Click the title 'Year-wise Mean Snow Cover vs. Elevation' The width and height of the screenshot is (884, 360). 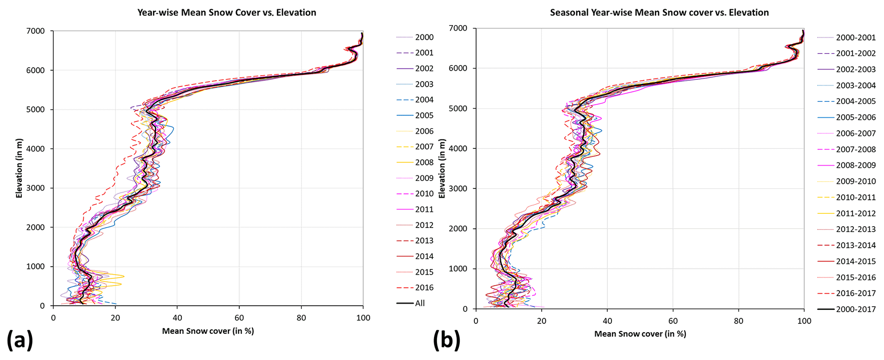click(227, 12)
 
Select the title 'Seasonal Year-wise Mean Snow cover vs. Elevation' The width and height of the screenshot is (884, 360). click(659, 12)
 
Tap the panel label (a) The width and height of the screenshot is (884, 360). click(20, 341)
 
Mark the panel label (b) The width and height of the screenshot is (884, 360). click(446, 341)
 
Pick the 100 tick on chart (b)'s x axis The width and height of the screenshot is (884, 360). click(804, 321)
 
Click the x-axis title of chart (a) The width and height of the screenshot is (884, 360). click(208, 331)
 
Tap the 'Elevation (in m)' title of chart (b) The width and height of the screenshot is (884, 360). click(442, 168)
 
